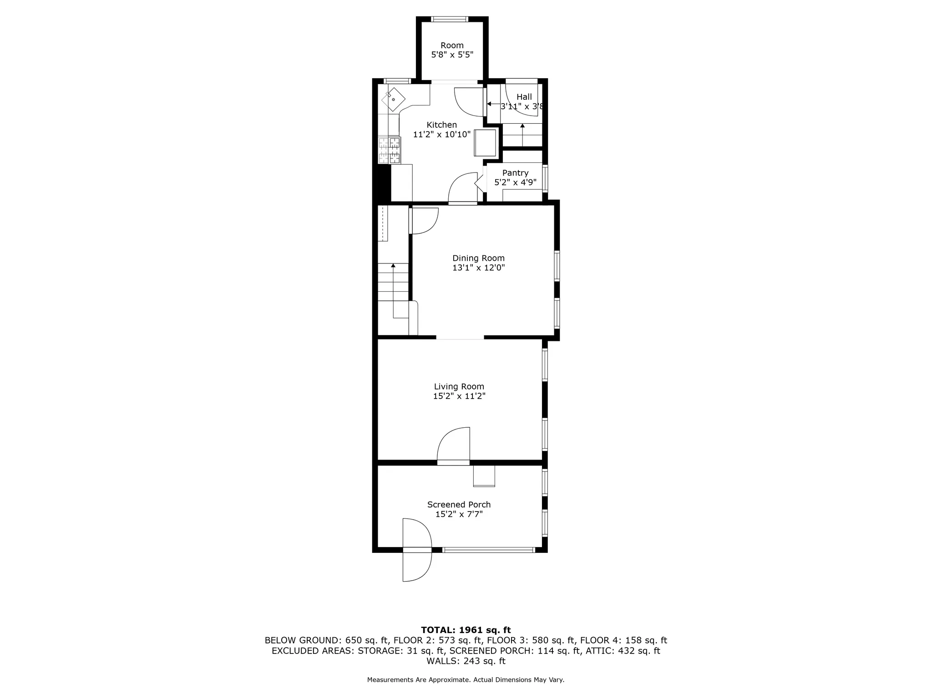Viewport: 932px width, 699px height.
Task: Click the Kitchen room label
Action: [x=441, y=125]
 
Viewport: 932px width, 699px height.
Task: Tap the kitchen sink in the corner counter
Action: [x=393, y=99]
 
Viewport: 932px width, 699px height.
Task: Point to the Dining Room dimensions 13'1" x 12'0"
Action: [x=478, y=268]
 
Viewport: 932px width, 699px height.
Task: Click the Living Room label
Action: [x=459, y=386]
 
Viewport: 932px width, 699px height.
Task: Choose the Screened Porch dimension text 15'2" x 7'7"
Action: [x=459, y=514]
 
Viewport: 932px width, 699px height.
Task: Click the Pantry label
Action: [x=515, y=173]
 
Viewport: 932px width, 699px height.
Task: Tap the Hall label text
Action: [x=524, y=97]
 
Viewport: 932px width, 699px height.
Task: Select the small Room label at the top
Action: [x=452, y=46]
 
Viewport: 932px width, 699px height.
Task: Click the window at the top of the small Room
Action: [x=450, y=19]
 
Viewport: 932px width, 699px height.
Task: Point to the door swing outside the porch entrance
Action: [x=417, y=567]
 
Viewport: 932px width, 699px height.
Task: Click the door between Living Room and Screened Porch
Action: [x=453, y=462]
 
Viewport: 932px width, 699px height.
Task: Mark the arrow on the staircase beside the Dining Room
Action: [x=393, y=265]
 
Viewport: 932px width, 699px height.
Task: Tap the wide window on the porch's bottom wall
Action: [x=488, y=550]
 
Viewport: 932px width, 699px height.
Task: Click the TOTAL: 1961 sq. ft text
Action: [x=466, y=630]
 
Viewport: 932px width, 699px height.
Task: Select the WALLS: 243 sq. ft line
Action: [x=466, y=661]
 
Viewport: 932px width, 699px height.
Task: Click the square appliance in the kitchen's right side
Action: [x=485, y=143]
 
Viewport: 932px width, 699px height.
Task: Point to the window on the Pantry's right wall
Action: [x=545, y=178]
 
